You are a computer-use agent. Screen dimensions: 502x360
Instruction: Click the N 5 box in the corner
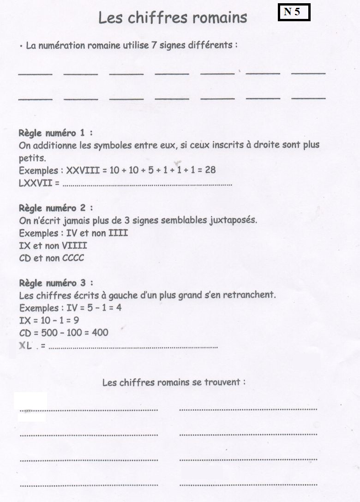(x=294, y=12)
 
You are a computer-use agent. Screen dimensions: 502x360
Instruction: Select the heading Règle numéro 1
(x=55, y=133)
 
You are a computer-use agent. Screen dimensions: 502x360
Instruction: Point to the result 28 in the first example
(x=210, y=170)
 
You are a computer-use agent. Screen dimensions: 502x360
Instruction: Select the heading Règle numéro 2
(x=55, y=208)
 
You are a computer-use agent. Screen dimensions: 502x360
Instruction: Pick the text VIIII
(x=74, y=246)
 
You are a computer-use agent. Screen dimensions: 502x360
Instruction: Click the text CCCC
(x=72, y=258)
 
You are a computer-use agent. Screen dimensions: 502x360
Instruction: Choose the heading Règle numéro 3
(x=55, y=283)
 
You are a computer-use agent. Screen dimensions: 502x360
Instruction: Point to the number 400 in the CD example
(x=100, y=333)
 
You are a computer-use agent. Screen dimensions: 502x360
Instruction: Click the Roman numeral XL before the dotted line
(x=26, y=346)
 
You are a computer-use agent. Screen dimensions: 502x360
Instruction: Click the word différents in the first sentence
(x=210, y=46)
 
